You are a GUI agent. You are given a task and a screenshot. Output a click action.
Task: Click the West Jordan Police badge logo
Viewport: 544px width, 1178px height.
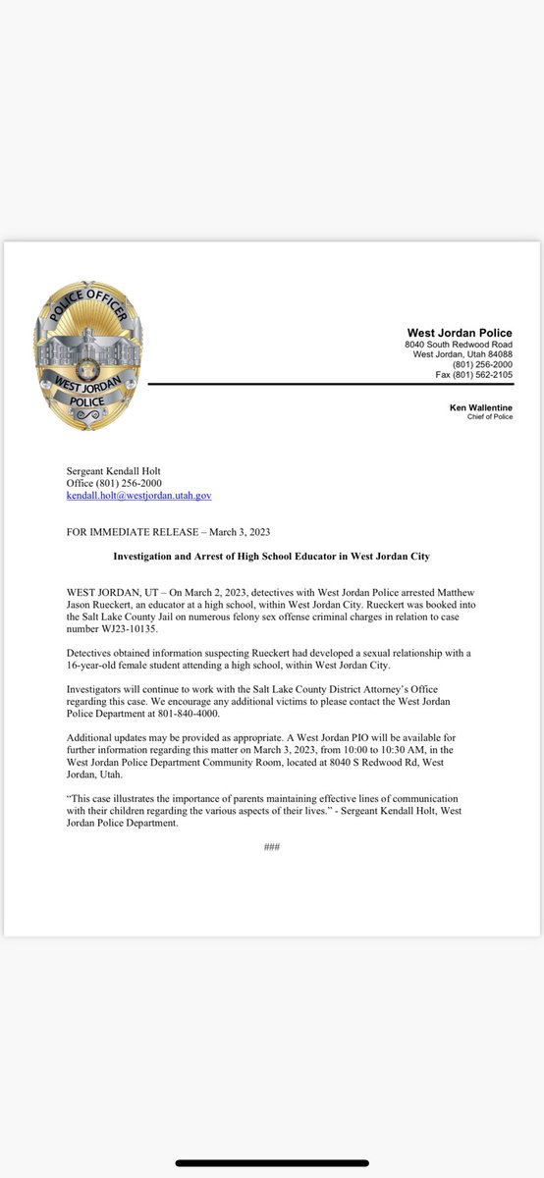point(87,358)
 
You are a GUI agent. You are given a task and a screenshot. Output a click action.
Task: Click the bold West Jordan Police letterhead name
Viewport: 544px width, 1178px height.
point(460,333)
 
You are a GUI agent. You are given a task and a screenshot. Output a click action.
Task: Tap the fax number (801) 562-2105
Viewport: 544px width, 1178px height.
point(474,374)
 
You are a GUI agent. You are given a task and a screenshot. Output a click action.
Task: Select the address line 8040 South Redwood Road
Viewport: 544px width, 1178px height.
point(459,345)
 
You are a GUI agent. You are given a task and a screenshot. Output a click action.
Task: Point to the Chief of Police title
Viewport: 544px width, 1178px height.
point(490,417)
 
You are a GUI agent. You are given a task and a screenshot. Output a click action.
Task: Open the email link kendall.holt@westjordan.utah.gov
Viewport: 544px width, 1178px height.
point(138,497)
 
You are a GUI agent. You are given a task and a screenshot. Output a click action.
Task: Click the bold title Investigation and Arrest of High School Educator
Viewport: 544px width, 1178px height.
point(271,557)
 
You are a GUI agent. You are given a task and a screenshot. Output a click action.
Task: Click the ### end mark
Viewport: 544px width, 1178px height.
point(272,846)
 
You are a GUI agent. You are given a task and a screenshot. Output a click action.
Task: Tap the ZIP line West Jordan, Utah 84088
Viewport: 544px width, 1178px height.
point(459,354)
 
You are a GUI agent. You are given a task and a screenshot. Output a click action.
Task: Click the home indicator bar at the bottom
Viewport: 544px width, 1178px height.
point(272,1163)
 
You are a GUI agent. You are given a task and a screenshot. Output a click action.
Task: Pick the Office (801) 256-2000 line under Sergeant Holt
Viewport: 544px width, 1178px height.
point(113,484)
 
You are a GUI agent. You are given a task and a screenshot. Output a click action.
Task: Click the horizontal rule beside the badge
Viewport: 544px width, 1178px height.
point(330,386)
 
